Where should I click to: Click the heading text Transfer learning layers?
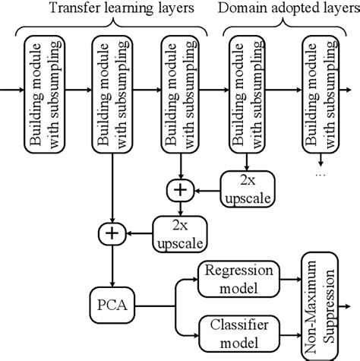(110, 8)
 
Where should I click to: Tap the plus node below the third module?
(180, 188)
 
